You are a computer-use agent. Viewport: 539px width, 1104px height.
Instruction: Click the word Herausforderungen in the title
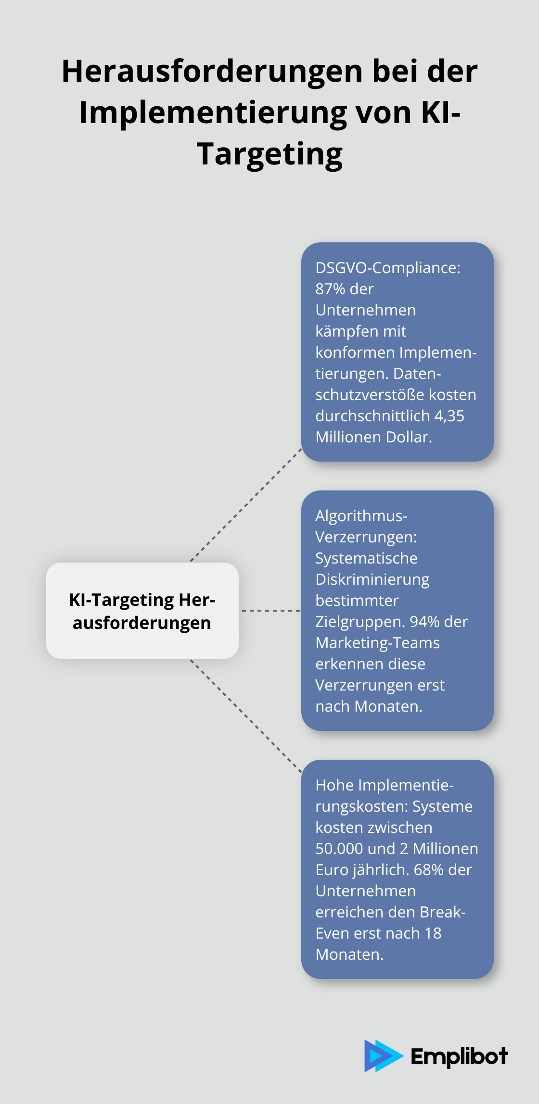[x=212, y=71]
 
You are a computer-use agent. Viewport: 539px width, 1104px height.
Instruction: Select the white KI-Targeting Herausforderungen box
[x=142, y=611]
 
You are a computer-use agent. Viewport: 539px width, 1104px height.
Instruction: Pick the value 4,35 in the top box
[x=449, y=416]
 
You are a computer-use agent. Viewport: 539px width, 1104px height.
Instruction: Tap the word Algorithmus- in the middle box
[x=361, y=516]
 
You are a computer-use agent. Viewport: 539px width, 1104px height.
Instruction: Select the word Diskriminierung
[x=372, y=580]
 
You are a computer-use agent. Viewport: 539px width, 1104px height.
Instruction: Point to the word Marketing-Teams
[x=377, y=643]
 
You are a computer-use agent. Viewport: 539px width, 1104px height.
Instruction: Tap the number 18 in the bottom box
[x=433, y=933]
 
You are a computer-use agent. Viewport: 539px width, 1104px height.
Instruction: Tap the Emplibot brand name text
[x=459, y=1056]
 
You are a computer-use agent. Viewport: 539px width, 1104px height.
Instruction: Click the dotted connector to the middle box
[x=270, y=611]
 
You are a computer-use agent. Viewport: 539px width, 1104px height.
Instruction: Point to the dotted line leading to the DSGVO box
[x=246, y=505]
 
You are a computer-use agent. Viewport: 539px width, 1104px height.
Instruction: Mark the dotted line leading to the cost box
[x=246, y=716]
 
